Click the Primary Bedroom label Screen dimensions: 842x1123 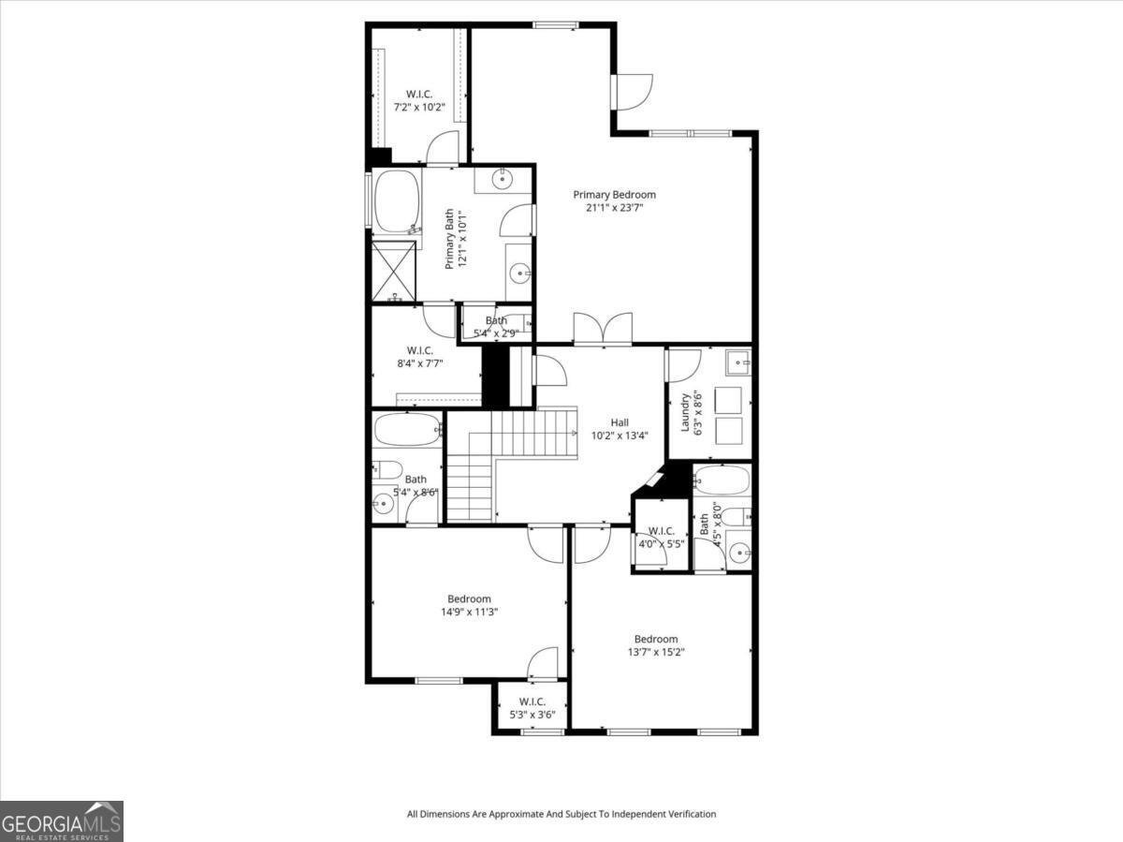pos(614,195)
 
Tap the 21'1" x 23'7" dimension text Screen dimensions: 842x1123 pos(614,208)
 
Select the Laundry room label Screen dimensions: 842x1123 pos(685,412)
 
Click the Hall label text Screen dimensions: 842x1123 pos(620,421)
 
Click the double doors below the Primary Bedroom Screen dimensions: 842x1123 pos(603,330)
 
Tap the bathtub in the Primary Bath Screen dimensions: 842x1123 pos(398,200)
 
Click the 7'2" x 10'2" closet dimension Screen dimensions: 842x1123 pos(418,108)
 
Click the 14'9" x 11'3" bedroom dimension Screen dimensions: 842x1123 pos(469,613)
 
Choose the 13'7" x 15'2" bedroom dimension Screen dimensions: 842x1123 pos(656,653)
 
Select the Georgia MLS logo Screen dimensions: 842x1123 pos(62,821)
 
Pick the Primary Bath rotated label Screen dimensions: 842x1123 pos(455,239)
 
